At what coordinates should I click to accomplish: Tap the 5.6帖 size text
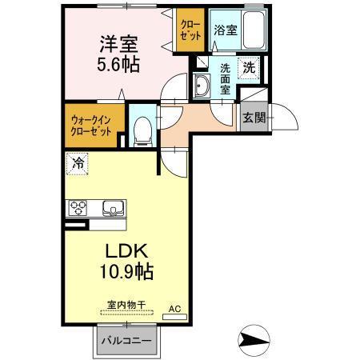point(119,65)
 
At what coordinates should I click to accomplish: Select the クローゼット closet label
point(190,30)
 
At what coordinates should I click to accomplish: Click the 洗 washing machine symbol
point(249,68)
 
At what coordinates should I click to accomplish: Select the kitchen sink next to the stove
point(112,210)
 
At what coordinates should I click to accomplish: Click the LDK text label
point(119,250)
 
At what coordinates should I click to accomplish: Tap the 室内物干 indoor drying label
point(126,305)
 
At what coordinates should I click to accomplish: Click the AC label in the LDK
point(174,307)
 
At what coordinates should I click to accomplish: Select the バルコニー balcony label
point(127,341)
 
